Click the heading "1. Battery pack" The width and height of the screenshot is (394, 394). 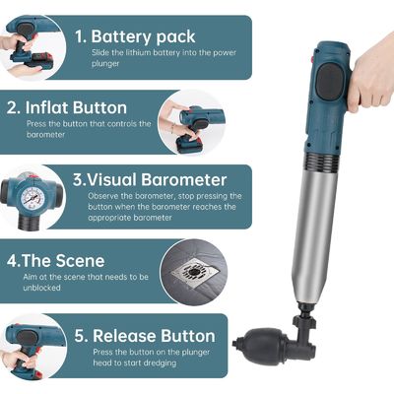(135, 36)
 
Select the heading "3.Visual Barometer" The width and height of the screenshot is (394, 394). (150, 180)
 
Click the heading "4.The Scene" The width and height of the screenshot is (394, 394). (56, 261)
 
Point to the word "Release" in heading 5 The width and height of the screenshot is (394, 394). (124, 336)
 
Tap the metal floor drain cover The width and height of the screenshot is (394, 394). (194, 272)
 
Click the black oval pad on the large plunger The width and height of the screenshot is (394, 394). (329, 81)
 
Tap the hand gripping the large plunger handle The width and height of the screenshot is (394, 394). (370, 71)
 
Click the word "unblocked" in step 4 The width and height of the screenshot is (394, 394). (41, 288)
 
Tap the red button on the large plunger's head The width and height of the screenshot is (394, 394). (312, 60)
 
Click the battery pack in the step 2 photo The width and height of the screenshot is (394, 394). (189, 143)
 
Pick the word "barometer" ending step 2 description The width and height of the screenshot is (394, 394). (45, 135)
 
